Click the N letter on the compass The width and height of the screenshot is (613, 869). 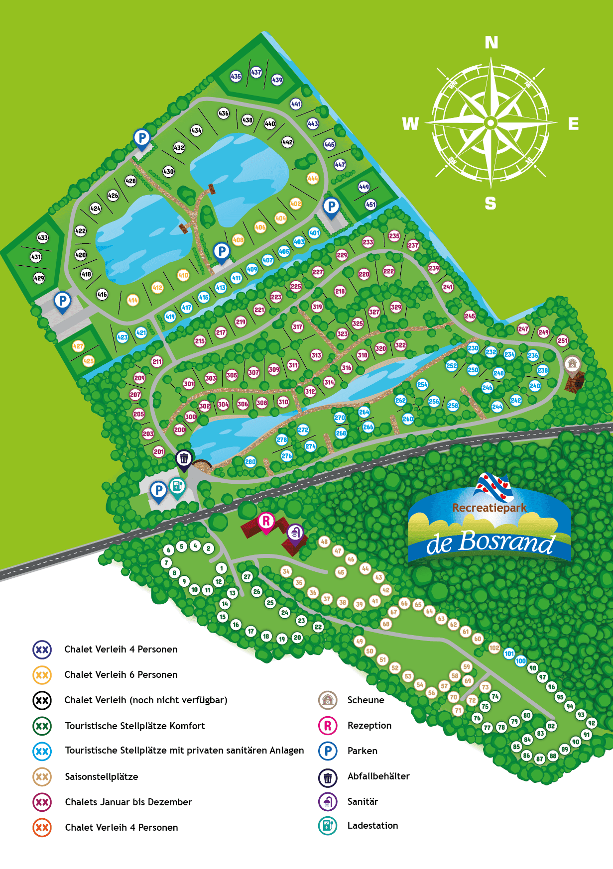pos(491,43)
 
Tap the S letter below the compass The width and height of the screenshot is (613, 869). pos(490,203)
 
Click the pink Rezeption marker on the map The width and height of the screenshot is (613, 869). pos(266,522)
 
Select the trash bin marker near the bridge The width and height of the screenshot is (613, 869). pos(184,458)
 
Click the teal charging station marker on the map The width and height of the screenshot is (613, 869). pos(177,486)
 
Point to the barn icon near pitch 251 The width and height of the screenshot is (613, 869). pos(572,364)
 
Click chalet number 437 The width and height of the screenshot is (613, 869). pos(256,72)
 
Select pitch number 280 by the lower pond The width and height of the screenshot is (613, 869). pos(250,461)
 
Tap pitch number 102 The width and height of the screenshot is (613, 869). pos(494,648)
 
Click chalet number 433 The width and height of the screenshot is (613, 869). pos(43,237)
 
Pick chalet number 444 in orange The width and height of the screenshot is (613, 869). pos(313,178)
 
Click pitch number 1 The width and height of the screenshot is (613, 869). pos(222,568)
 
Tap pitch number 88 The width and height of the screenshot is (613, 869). pos(553,756)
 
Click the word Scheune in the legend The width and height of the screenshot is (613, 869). pos(366,700)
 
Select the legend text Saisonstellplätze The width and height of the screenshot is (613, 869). pos(102,776)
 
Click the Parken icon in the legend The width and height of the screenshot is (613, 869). pos(328,751)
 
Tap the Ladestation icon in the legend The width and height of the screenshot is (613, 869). pos(328,826)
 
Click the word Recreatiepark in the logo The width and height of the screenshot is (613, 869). pos(489,508)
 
